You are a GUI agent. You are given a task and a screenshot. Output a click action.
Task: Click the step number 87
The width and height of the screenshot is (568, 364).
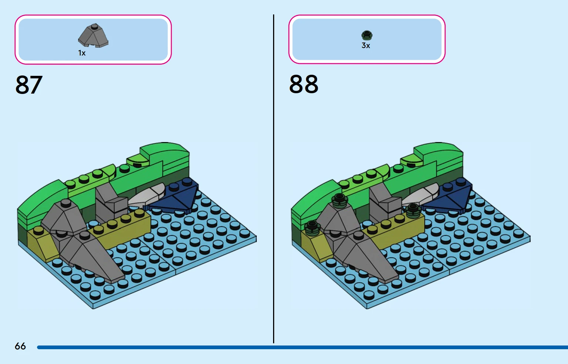click(29, 85)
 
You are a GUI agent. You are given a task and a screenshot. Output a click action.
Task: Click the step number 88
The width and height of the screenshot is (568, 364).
click(303, 84)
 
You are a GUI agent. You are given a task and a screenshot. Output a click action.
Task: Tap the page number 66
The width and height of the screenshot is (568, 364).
click(20, 346)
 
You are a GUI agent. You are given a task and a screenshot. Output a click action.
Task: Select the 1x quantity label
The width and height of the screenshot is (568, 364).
click(82, 53)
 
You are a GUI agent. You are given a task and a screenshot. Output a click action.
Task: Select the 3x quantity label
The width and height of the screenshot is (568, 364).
click(366, 45)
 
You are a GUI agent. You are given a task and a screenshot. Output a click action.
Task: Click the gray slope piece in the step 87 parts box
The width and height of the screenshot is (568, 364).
click(93, 36)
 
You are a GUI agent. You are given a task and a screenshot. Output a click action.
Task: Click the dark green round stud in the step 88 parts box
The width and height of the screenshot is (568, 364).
click(367, 35)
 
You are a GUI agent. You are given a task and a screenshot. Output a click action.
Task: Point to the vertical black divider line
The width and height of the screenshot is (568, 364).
click(273, 179)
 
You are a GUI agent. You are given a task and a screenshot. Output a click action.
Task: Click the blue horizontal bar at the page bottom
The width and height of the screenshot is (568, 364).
click(303, 347)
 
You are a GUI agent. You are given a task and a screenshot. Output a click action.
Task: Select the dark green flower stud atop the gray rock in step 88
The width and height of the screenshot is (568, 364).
click(339, 201)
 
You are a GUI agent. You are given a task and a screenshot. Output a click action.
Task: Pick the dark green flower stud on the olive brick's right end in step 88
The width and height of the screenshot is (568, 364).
click(413, 211)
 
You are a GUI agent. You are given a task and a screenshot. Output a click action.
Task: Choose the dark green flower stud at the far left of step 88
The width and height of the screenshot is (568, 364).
click(312, 227)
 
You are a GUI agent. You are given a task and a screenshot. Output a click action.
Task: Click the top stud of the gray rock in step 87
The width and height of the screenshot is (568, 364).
click(66, 203)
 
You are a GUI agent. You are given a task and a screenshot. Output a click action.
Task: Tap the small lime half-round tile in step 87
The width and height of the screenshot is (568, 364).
click(138, 161)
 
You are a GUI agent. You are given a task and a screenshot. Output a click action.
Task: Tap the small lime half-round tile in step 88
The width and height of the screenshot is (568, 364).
click(411, 161)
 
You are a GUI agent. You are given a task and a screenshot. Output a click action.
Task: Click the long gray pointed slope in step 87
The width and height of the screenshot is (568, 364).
click(89, 256)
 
